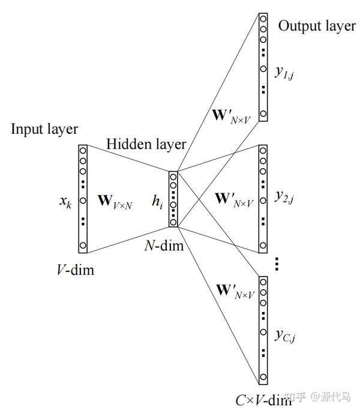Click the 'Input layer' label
tap(44, 129)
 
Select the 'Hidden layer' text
tap(146, 144)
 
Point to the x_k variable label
tap(65, 202)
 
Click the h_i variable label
tap(157, 203)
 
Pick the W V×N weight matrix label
tap(115, 202)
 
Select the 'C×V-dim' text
tap(263, 398)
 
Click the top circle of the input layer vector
tap(83, 150)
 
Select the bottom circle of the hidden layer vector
tap(173, 223)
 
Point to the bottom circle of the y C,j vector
tap(263, 377)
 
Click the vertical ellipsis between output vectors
tap(277, 263)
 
